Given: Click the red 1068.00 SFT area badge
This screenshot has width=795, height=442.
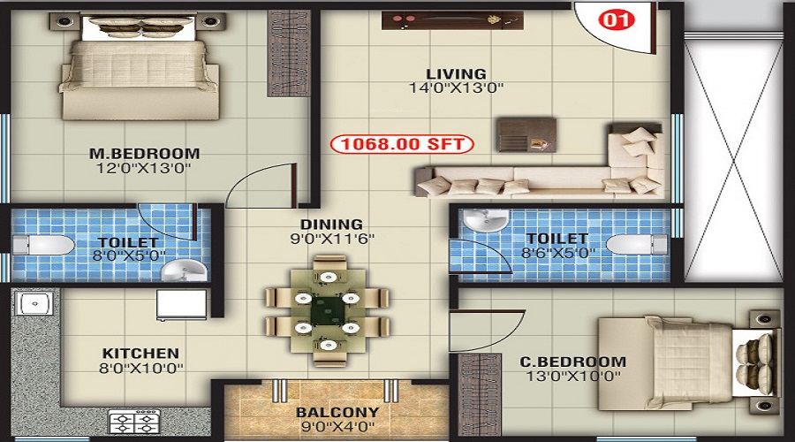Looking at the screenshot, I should click(x=402, y=142).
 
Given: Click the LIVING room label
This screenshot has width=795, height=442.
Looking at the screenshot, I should click(x=456, y=73).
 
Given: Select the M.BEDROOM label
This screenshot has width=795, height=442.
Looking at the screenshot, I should click(x=145, y=153).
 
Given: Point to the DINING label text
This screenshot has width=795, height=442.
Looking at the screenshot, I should click(x=332, y=225).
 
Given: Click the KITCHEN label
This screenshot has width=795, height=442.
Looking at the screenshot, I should click(x=140, y=353).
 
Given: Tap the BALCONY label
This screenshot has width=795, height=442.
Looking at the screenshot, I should click(x=337, y=412).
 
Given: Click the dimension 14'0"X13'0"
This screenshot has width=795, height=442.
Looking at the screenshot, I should click(x=456, y=88).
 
